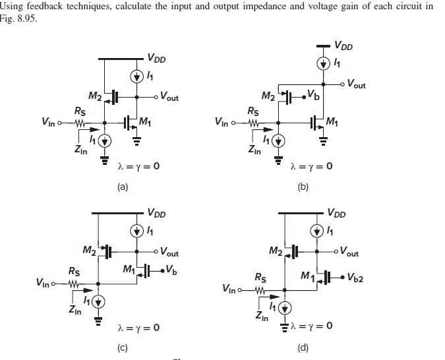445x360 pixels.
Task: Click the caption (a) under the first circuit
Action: tap(122, 187)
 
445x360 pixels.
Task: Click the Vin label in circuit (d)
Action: tap(231, 289)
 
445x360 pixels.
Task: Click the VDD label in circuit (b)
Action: tap(343, 46)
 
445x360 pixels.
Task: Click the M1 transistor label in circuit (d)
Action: tap(307, 276)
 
